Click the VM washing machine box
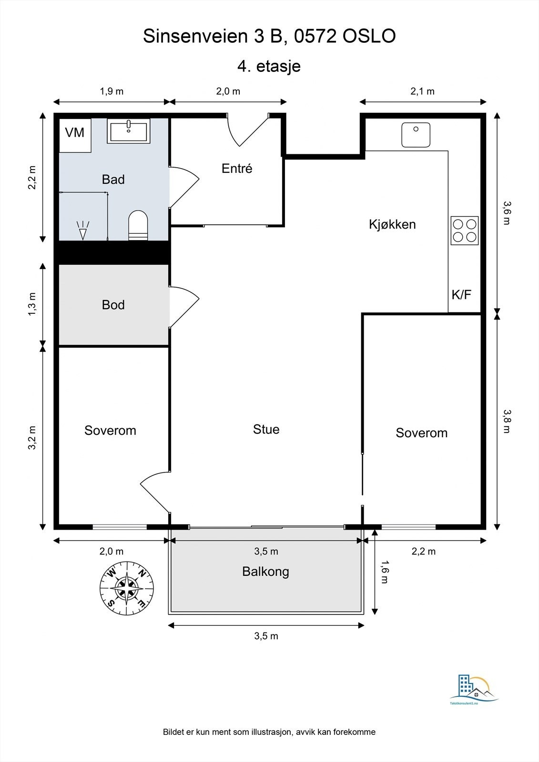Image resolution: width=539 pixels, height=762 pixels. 75,135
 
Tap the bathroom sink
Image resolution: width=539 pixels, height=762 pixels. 129,131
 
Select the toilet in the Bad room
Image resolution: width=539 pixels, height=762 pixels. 138,225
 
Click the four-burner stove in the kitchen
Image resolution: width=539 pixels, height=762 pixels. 465,231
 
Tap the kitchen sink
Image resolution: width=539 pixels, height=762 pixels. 416,135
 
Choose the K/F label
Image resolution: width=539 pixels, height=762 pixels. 461,294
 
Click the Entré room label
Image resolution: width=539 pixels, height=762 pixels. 237,168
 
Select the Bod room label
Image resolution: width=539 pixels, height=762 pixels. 113,304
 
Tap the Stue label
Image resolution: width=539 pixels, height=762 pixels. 266,429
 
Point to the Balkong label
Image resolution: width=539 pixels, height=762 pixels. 265,571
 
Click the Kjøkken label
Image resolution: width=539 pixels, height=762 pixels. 392,224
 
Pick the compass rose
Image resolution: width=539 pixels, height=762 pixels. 127,588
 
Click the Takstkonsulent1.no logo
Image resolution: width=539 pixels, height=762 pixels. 474,685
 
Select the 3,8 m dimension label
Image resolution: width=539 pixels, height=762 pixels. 507,421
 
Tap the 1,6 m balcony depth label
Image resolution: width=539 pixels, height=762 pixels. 384,572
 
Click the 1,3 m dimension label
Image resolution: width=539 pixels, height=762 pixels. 31,304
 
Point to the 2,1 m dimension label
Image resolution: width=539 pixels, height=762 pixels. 423,91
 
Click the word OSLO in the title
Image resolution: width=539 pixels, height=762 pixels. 369,36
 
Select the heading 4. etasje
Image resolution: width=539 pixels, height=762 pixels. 269,66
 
